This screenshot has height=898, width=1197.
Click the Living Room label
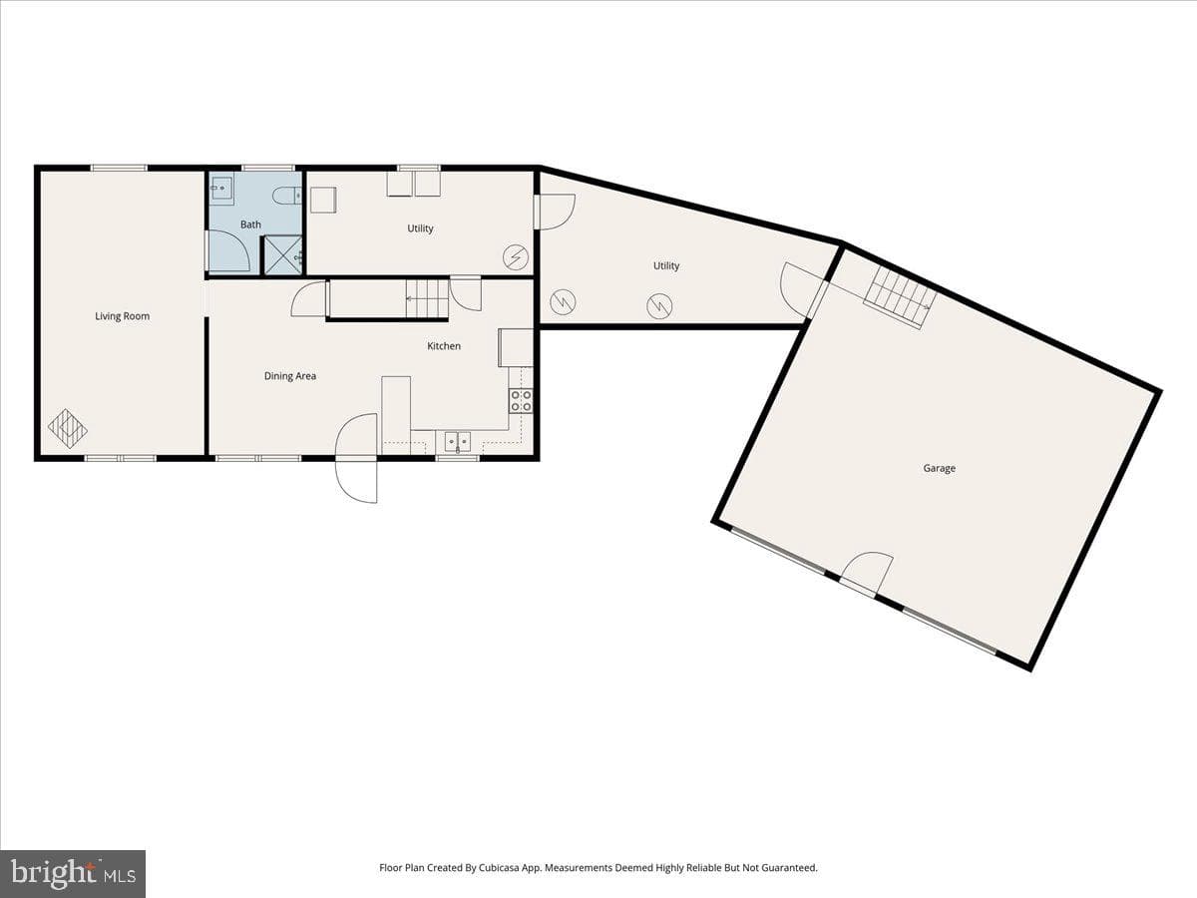click(122, 316)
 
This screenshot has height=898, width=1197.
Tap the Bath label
click(250, 224)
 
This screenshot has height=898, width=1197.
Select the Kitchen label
click(444, 345)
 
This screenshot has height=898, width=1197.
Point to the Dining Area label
click(290, 376)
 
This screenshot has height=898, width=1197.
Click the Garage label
click(939, 468)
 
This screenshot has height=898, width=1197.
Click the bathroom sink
click(222, 189)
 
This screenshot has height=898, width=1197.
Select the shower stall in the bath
click(282, 254)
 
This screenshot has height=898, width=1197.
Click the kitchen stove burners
click(521, 401)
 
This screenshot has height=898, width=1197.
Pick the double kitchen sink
click(458, 441)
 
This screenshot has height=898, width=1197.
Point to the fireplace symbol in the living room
click(68, 429)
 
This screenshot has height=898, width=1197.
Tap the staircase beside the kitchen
click(427, 298)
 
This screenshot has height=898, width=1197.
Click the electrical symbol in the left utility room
click(516, 257)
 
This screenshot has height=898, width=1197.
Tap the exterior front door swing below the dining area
click(356, 458)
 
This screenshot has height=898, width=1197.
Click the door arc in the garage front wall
click(867, 574)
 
